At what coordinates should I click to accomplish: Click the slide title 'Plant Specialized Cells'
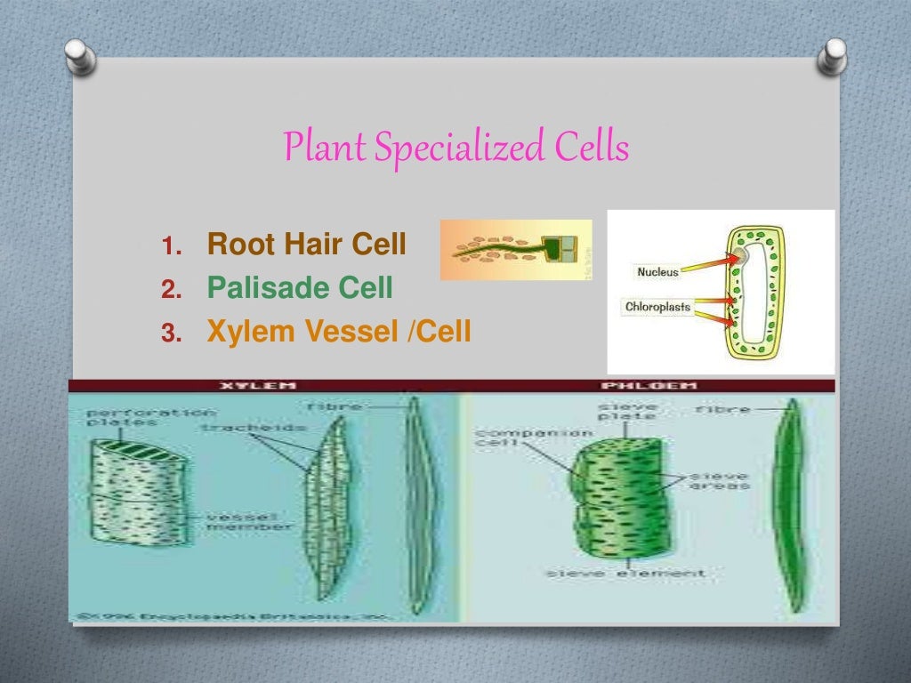pyautogui.click(x=455, y=148)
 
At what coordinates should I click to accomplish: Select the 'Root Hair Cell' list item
pyautogui.click(x=306, y=244)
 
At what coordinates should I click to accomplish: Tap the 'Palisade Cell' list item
pyautogui.click(x=300, y=287)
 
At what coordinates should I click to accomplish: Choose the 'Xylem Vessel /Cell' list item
pyautogui.click(x=338, y=332)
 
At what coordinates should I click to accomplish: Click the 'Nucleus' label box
pyautogui.click(x=657, y=271)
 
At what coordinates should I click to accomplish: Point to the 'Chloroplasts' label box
pyautogui.click(x=657, y=307)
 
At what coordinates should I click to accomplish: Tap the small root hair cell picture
pyautogui.click(x=516, y=250)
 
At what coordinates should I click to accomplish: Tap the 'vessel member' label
pyautogui.click(x=250, y=521)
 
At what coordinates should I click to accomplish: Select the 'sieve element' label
pyautogui.click(x=626, y=573)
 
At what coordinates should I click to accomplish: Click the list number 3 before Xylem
pyautogui.click(x=171, y=333)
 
